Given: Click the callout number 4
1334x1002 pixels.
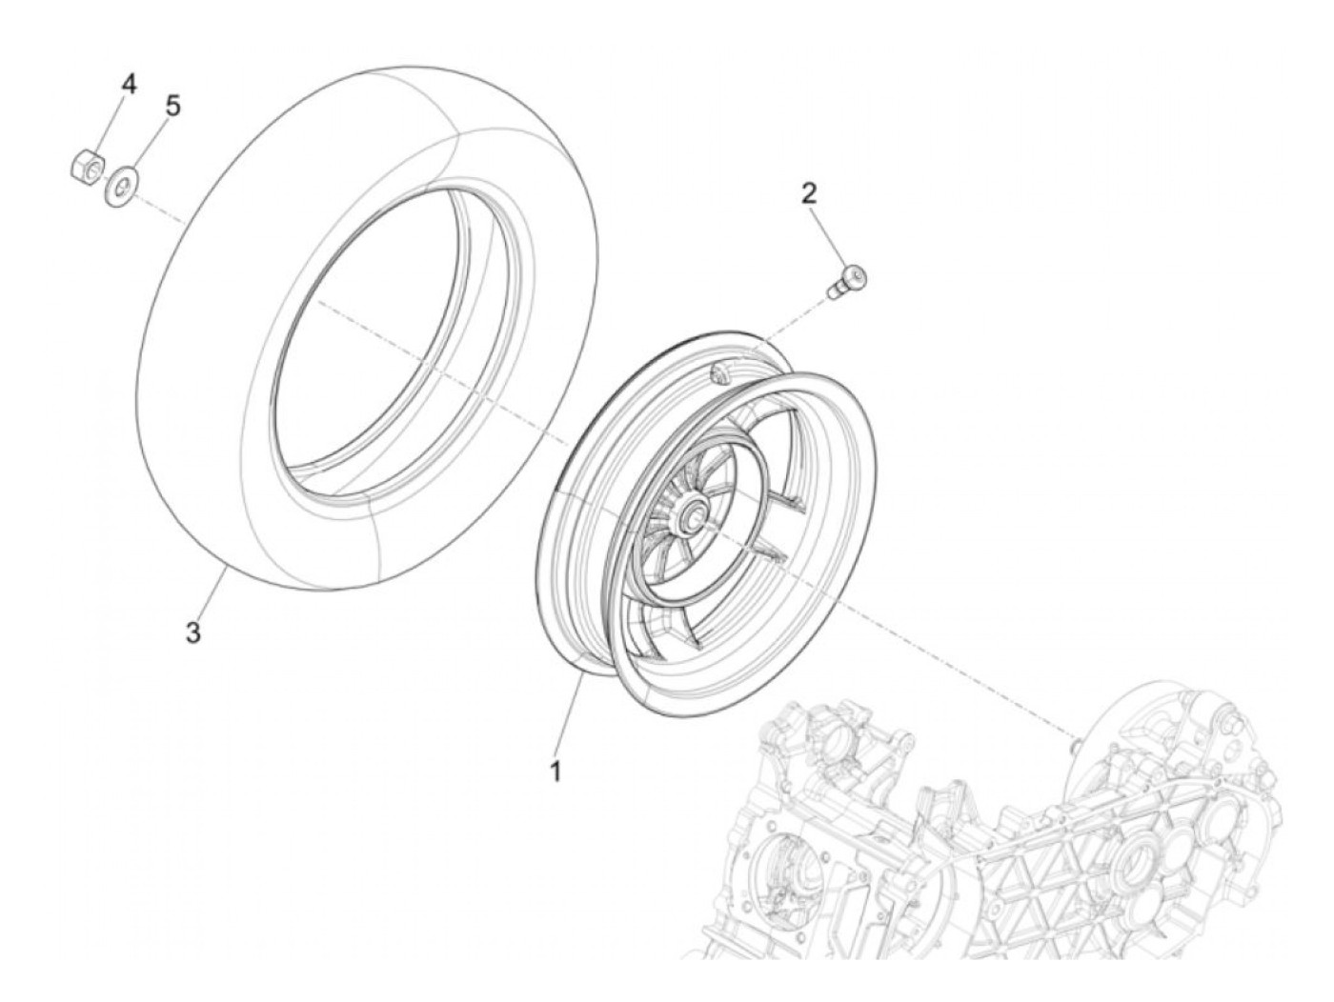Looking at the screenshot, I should point(127,84).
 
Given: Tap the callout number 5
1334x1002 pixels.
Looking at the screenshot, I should point(172,106).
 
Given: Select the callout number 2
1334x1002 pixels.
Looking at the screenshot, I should point(809,194).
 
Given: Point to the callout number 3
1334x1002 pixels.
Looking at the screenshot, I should point(192,631).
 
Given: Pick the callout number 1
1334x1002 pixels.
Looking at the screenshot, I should point(554,772).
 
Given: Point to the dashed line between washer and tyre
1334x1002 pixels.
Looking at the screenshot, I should point(157,209).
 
